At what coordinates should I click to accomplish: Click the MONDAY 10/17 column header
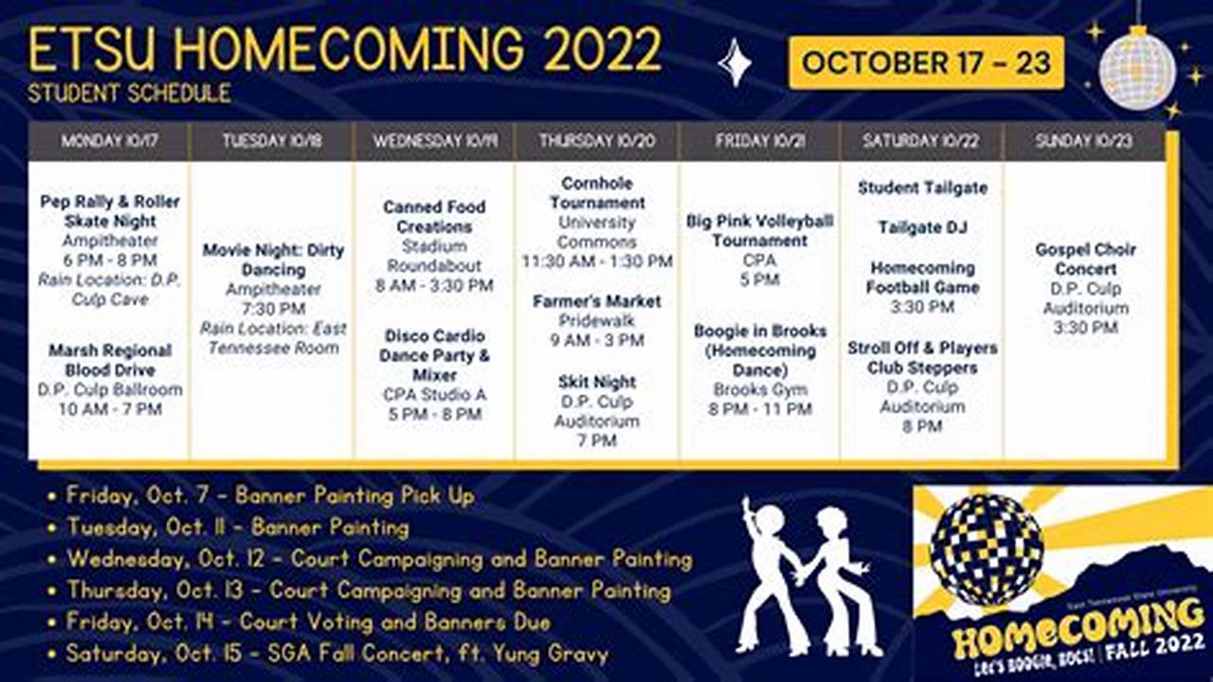(109, 141)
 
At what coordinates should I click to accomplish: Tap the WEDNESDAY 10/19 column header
(435, 141)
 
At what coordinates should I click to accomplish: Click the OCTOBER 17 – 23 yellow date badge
(926, 63)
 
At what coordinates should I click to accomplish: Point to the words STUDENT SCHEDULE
(129, 93)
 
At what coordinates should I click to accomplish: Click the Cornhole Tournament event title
(597, 192)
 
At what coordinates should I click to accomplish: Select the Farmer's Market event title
(597, 301)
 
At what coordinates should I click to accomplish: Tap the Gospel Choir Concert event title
(1085, 259)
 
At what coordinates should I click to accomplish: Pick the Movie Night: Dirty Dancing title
(273, 260)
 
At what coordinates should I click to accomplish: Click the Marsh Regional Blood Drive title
(110, 360)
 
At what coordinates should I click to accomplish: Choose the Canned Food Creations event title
(434, 216)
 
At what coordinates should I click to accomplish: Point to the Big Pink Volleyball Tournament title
(759, 230)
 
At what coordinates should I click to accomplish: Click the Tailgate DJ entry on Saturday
(922, 227)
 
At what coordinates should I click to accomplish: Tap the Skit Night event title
(597, 382)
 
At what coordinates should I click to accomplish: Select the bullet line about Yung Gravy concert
(336, 654)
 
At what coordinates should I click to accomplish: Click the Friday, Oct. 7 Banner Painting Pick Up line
(270, 495)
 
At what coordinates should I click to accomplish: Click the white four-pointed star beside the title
(734, 63)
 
